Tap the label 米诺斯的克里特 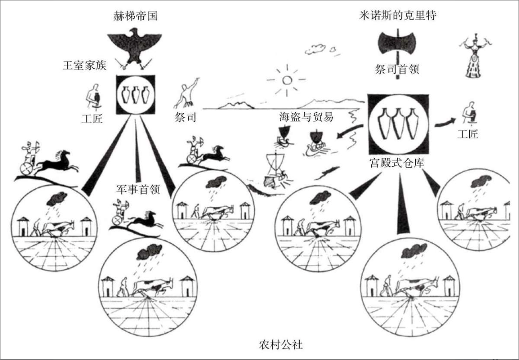coord(397,15)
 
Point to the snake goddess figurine coord(474,56)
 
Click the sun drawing coord(287,79)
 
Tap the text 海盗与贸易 coord(306,117)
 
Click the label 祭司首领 coord(397,70)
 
